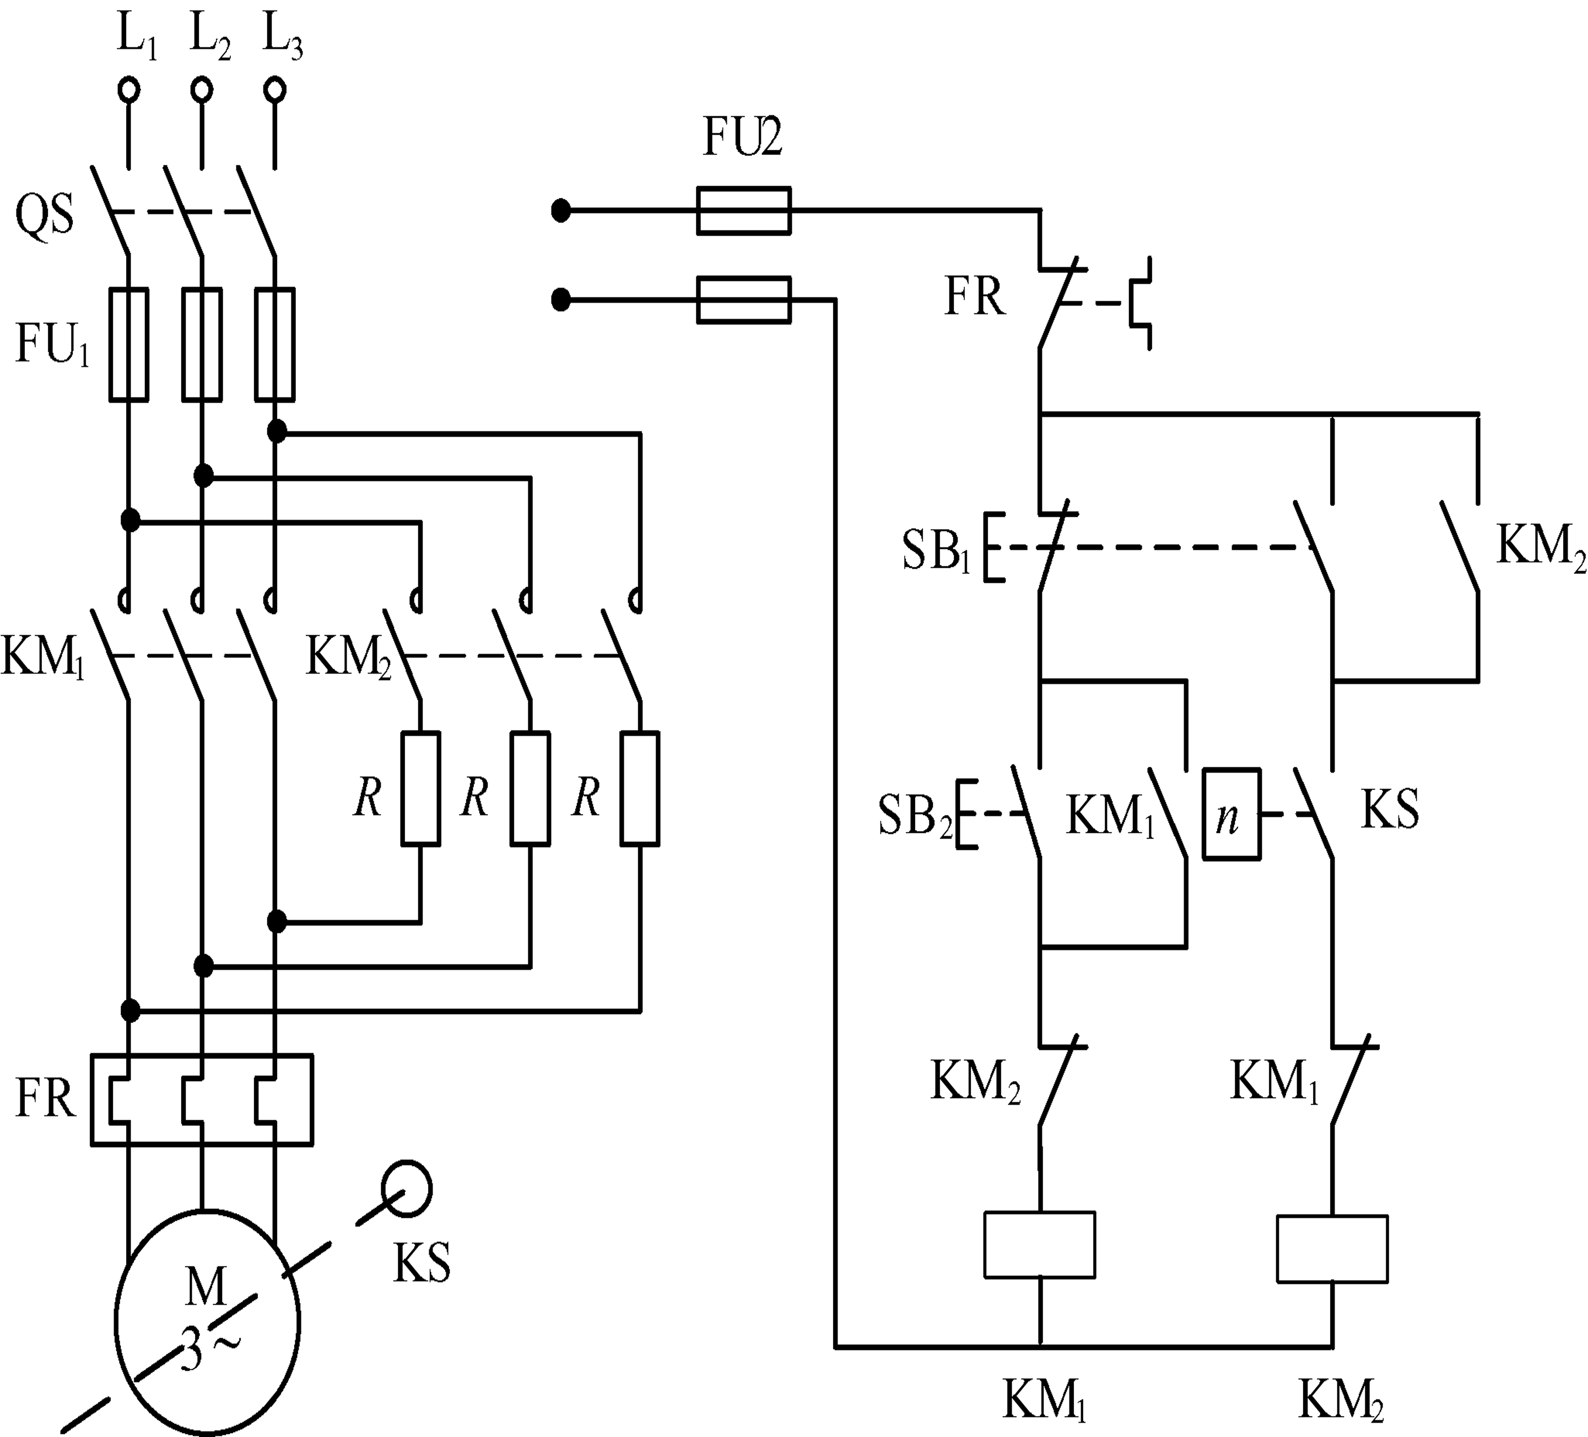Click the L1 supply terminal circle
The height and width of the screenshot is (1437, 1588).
coord(129,90)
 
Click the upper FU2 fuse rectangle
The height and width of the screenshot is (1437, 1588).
coord(744,211)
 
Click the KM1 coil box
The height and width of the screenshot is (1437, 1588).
coord(1040,1245)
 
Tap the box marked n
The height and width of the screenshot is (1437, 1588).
coord(1231,814)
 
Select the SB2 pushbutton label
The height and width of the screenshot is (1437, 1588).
coord(915,816)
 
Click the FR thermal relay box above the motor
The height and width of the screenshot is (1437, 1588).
coord(202,1099)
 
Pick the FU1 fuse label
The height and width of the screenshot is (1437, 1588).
coord(52,345)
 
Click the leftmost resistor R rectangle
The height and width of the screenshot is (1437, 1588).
coord(420,789)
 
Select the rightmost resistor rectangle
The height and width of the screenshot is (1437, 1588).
coord(640,789)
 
